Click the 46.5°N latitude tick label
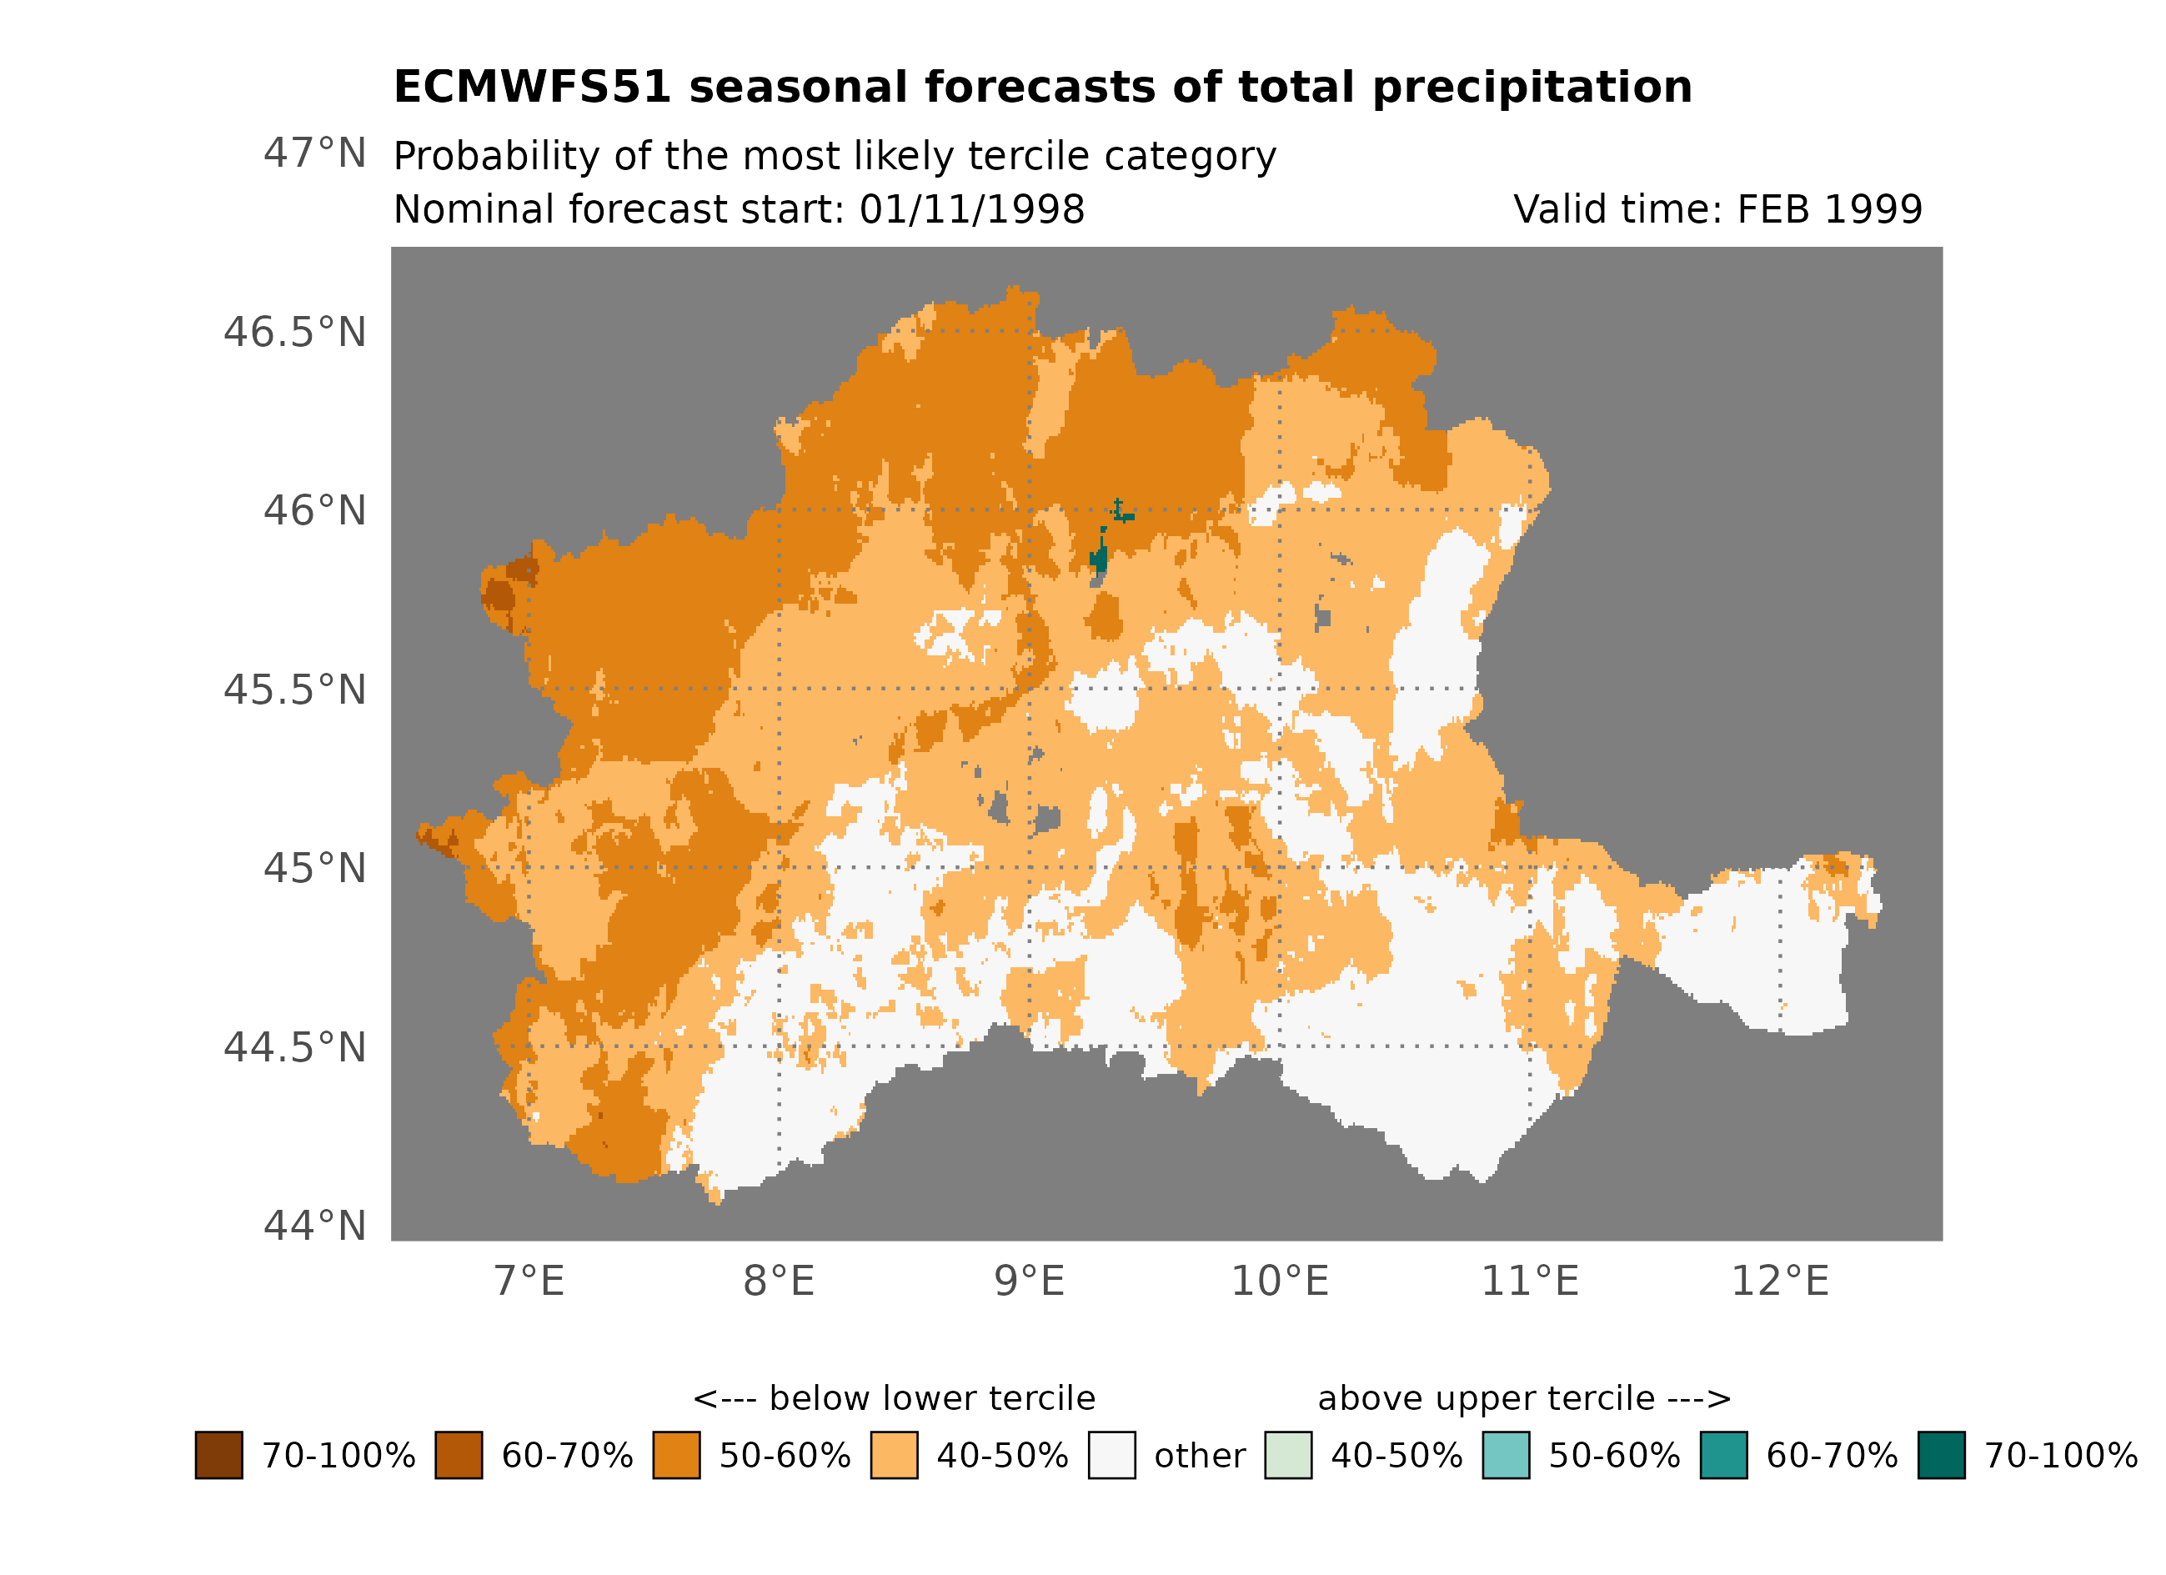point(294,333)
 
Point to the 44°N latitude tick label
point(314,1226)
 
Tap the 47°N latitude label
point(314,153)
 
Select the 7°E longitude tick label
point(529,1282)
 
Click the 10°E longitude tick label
point(1279,1282)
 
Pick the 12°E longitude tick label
point(1779,1282)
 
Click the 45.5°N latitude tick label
point(294,690)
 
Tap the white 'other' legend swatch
point(1111,1455)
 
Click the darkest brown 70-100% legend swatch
point(218,1455)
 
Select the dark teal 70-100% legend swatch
point(1941,1455)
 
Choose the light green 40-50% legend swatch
point(1287,1455)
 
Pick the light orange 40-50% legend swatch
point(894,1455)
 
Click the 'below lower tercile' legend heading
point(894,1398)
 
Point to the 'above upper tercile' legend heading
point(1524,1398)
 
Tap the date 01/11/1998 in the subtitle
point(971,209)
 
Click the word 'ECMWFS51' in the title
point(532,88)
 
